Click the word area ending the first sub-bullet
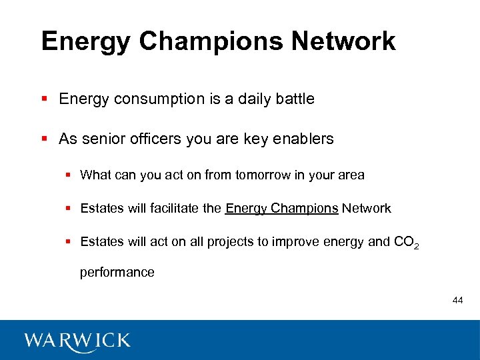click(351, 175)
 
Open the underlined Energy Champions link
click(282, 209)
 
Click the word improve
click(289, 242)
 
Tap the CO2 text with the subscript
click(407, 243)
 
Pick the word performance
click(117, 272)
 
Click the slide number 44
click(457, 301)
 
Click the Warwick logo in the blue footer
click(77, 341)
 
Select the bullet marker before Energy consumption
click(45, 99)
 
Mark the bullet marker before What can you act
click(69, 175)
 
